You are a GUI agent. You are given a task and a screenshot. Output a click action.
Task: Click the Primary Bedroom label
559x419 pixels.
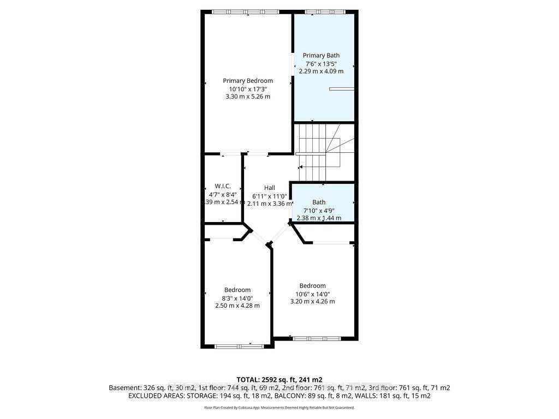(248, 81)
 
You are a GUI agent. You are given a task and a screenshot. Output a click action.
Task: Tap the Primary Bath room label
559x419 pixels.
(321, 55)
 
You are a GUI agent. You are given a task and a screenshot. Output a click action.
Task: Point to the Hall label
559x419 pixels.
(270, 188)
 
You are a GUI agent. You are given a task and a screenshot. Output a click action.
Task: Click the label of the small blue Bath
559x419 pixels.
(319, 202)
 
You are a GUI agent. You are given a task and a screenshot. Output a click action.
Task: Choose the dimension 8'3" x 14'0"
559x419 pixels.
(237, 298)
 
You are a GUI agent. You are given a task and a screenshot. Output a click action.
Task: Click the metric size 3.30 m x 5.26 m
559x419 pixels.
(248, 97)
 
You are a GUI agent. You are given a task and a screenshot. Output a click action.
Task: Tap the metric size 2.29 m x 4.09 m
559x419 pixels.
(321, 71)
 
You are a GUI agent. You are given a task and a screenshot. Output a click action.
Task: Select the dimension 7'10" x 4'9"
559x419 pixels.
(319, 210)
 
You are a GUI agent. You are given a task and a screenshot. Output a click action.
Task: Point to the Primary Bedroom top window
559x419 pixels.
(245, 11)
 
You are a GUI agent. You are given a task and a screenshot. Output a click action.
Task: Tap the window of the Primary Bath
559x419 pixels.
(325, 11)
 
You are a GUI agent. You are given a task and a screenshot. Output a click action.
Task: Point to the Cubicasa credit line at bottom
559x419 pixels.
(279, 408)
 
